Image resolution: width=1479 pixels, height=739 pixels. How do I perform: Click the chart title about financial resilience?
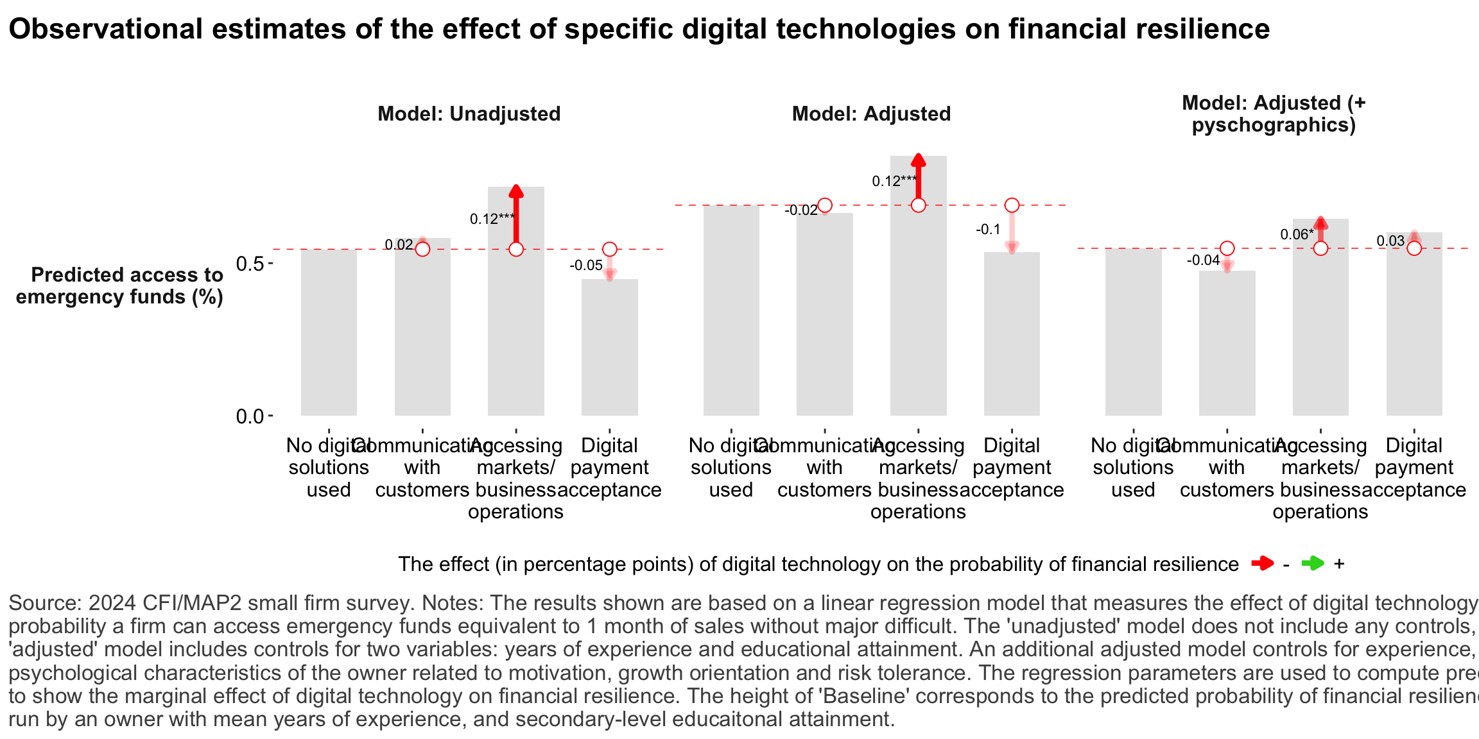point(639,30)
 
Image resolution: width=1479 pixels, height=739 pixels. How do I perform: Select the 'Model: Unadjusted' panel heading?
point(469,114)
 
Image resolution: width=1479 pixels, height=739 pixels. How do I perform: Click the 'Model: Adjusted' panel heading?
point(871,114)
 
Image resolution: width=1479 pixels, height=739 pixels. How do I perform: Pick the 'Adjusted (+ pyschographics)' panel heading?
point(1274,114)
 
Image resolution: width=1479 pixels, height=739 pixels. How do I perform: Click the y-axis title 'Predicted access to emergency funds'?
point(120,285)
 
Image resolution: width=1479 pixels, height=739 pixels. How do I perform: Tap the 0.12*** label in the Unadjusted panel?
point(492,219)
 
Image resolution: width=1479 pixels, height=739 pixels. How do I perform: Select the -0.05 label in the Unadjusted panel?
point(586,266)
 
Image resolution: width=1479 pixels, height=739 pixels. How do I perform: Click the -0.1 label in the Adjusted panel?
point(988,230)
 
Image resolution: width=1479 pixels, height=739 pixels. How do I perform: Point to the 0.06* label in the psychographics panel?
point(1297,235)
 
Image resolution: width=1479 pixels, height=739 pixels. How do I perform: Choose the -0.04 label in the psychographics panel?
point(1203,260)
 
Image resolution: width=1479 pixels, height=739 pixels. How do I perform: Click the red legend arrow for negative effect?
point(1262,564)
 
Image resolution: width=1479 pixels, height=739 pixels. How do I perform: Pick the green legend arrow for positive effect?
point(1313,564)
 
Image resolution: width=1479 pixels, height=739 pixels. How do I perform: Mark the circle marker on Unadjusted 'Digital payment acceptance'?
point(609,249)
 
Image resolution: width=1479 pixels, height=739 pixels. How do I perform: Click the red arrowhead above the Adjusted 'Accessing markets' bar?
point(919,160)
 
